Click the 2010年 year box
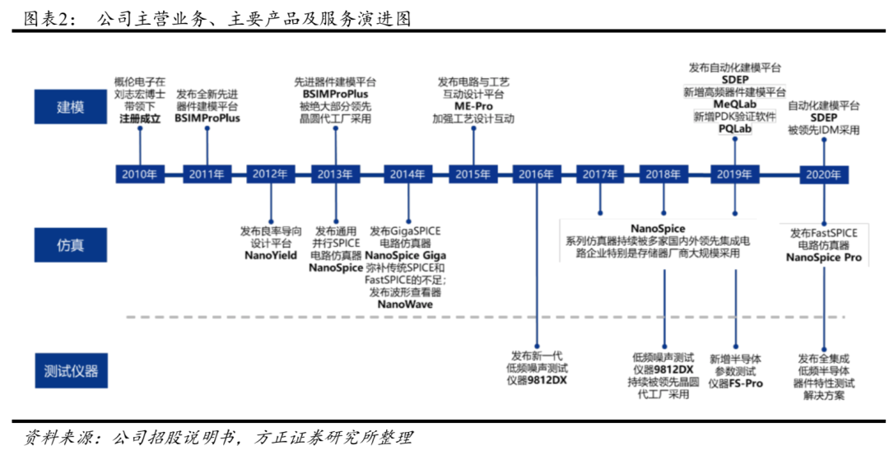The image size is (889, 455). [x=139, y=174]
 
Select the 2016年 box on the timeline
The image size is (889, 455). [x=536, y=174]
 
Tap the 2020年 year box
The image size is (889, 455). [x=824, y=174]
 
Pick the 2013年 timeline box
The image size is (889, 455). [x=335, y=174]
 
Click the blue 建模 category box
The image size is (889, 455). [x=70, y=106]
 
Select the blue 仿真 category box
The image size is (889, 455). [x=70, y=245]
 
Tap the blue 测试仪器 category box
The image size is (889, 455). [x=70, y=371]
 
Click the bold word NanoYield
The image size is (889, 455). [x=271, y=256]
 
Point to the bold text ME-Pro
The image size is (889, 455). [x=473, y=106]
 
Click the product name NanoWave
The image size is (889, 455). [x=405, y=304]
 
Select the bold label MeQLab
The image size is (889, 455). [x=735, y=104]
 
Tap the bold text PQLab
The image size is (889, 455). [x=735, y=129]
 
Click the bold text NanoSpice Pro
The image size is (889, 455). [x=824, y=258]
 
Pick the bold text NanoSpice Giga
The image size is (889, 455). [x=405, y=256]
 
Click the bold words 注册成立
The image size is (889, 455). [x=140, y=118]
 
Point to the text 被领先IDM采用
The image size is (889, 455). [x=824, y=130]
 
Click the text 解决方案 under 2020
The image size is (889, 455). [x=824, y=396]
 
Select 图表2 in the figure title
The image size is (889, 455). [x=48, y=19]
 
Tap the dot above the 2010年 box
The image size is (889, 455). [x=140, y=128]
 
